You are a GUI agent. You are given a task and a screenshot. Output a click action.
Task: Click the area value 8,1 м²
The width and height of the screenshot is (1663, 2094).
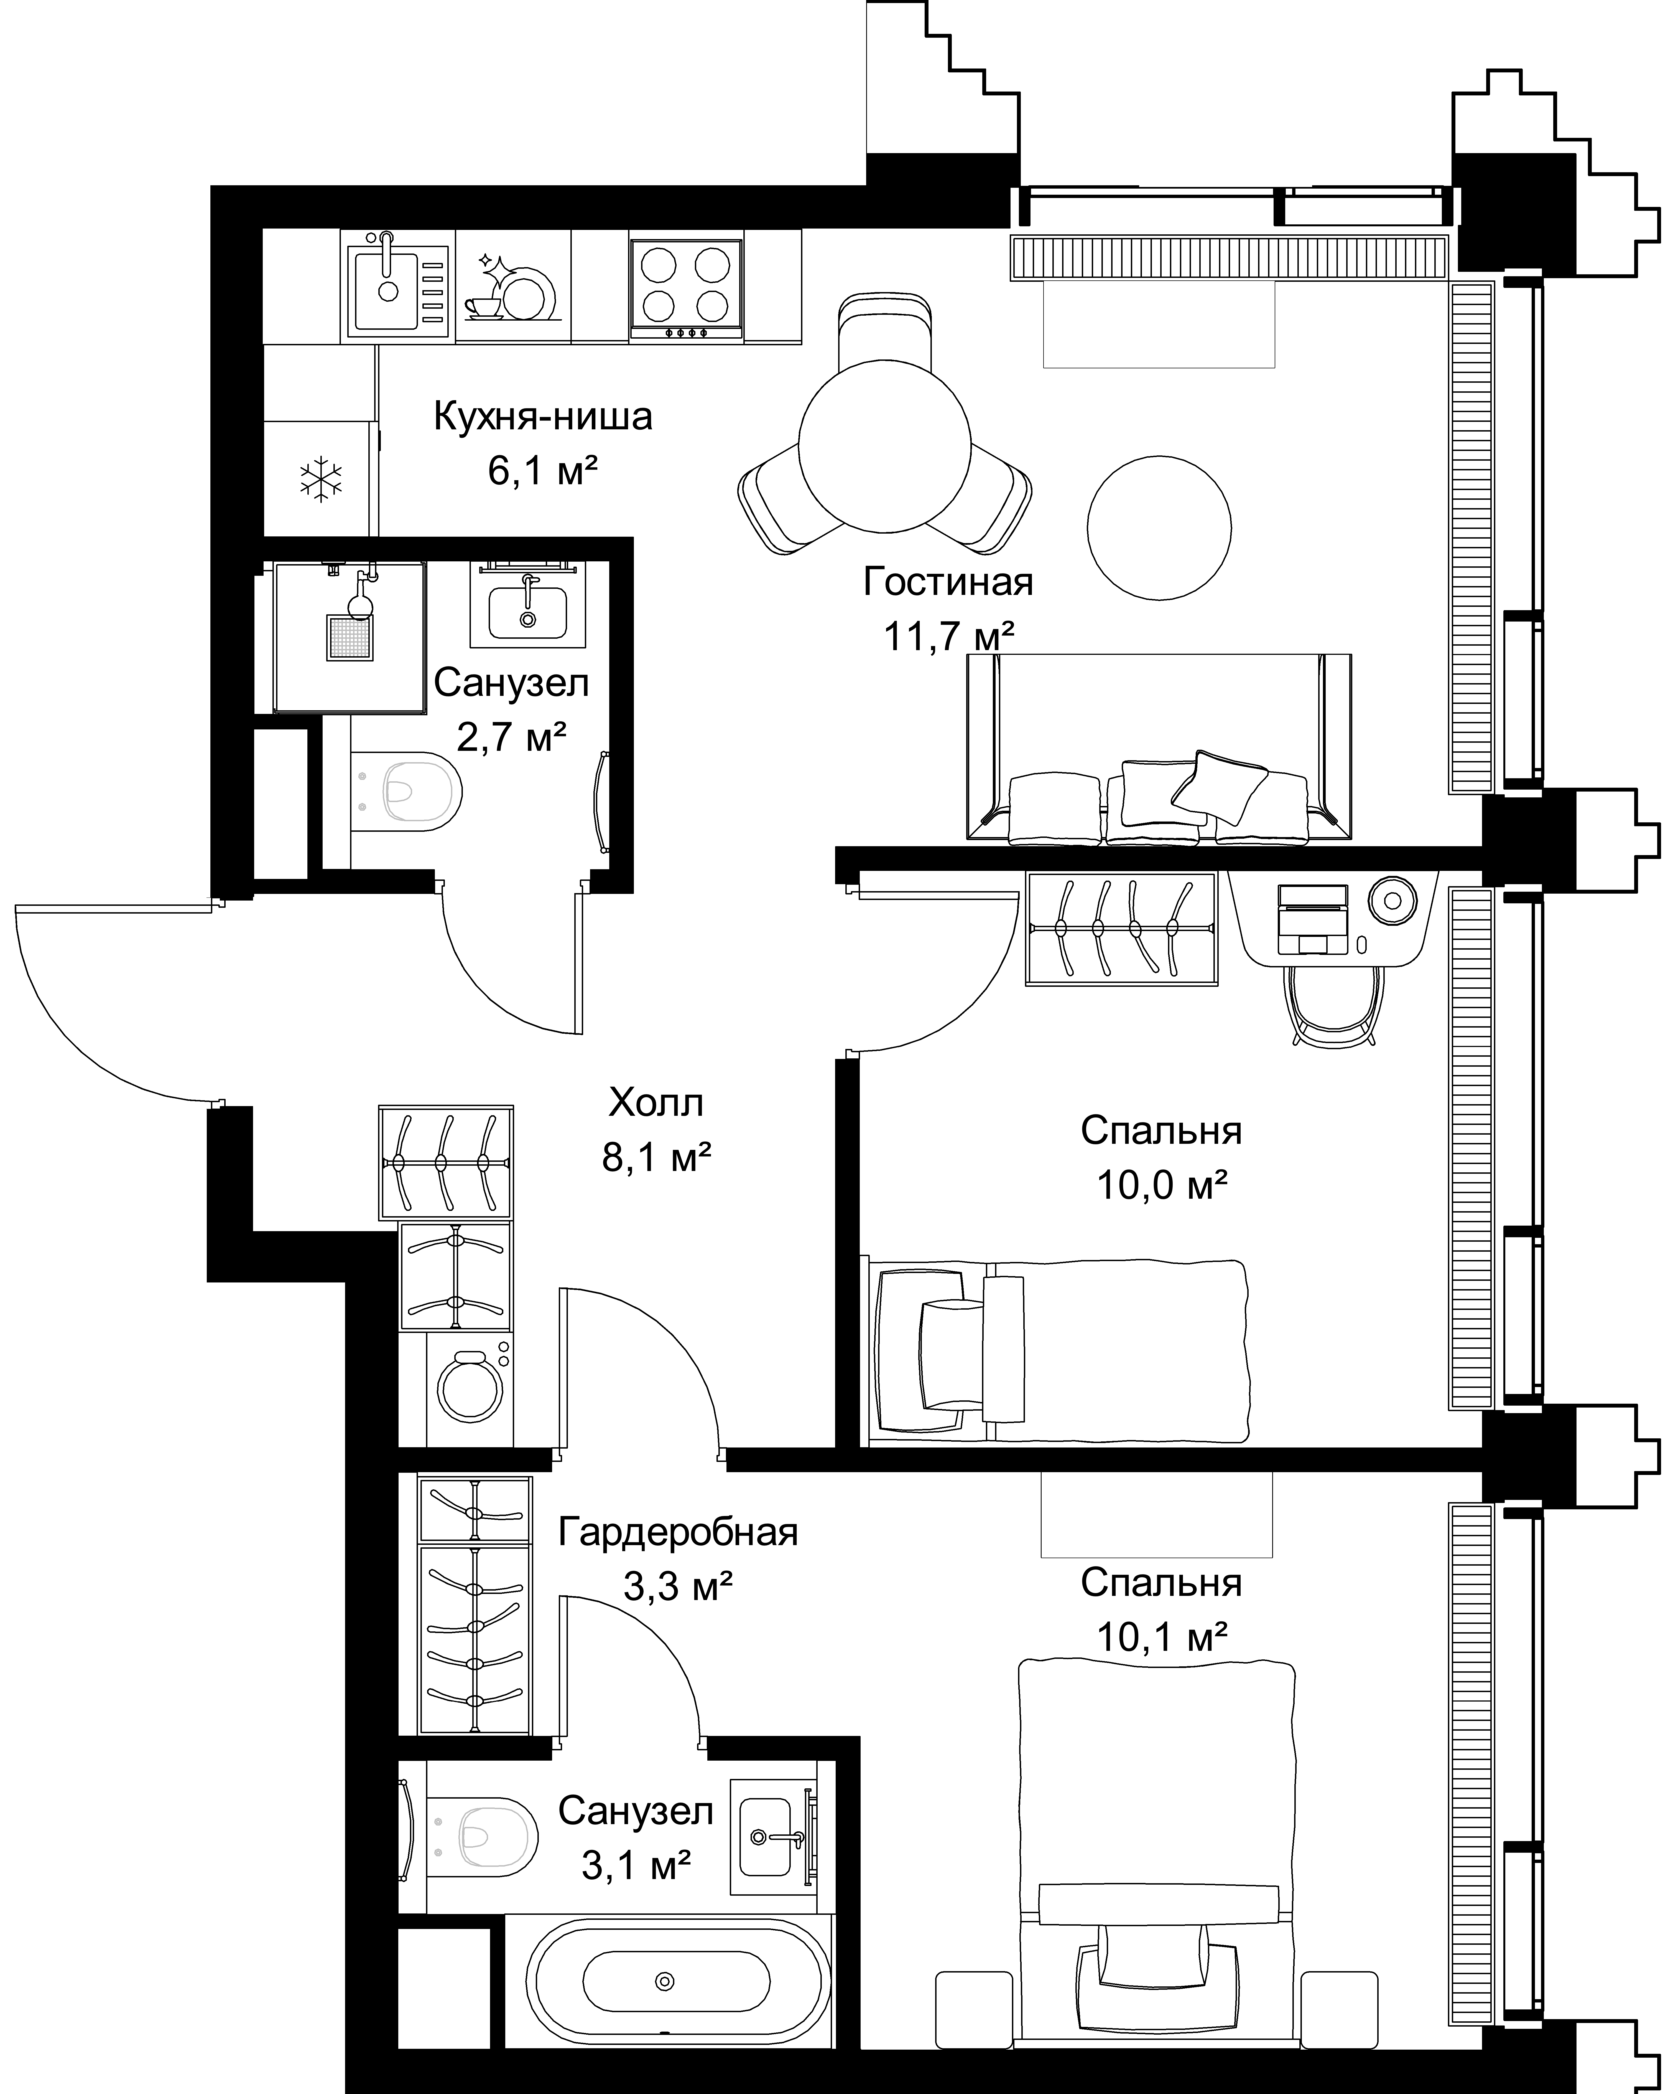point(657,1158)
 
